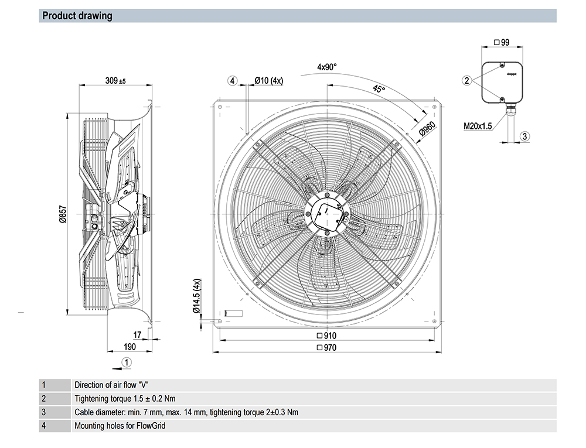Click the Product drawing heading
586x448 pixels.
click(x=77, y=16)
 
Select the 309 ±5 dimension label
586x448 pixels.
click(x=115, y=80)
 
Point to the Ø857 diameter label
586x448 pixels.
click(x=63, y=214)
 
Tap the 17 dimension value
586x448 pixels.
click(x=137, y=334)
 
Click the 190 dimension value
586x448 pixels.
click(x=130, y=347)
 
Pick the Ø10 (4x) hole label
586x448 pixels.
click(x=269, y=80)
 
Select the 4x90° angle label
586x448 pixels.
click(x=326, y=67)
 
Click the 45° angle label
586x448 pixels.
click(x=379, y=89)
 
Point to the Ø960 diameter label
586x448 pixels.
click(x=427, y=129)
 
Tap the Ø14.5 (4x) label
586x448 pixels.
click(x=197, y=296)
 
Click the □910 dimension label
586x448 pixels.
click(x=326, y=336)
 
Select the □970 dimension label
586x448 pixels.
click(x=326, y=348)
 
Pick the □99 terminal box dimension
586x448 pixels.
click(x=502, y=43)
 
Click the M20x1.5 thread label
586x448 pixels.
click(x=478, y=126)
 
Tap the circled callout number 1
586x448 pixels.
click(x=127, y=362)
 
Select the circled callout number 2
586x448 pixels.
click(x=466, y=80)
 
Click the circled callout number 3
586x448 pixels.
click(x=524, y=136)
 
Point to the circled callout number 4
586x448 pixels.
click(x=233, y=81)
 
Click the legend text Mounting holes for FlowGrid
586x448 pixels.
click(x=120, y=426)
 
